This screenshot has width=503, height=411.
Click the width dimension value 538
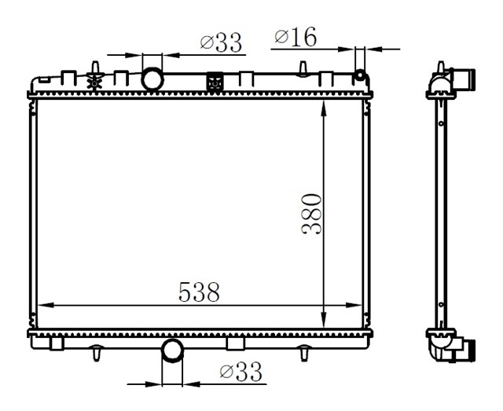click(199, 292)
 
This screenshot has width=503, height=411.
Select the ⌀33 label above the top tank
click(220, 43)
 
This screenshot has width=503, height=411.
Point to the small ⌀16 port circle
click(361, 76)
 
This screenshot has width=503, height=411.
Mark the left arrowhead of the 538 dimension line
click(43, 305)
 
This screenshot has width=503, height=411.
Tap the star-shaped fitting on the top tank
click(96, 79)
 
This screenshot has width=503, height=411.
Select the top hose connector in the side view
click(469, 79)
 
